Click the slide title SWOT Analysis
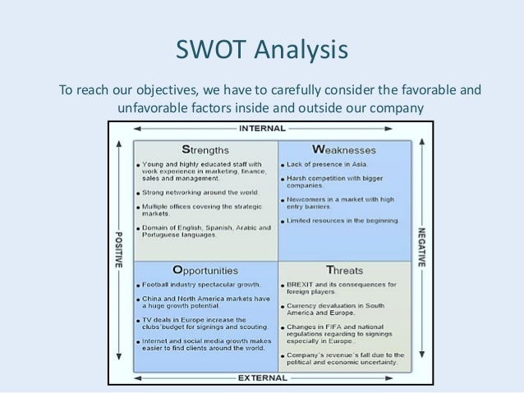click(x=262, y=53)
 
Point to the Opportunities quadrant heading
click(x=205, y=269)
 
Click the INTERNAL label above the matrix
click(x=262, y=129)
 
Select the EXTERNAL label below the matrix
click(x=262, y=379)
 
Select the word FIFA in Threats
click(x=333, y=327)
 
